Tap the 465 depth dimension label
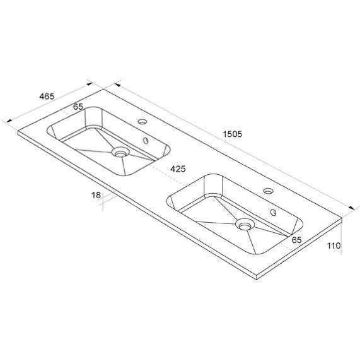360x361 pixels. (x=47, y=97)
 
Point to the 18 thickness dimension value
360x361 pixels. (x=96, y=195)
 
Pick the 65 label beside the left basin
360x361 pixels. (x=78, y=107)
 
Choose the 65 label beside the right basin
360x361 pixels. (x=297, y=240)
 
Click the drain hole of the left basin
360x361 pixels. (x=119, y=152)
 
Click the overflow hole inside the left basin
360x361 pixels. (x=147, y=141)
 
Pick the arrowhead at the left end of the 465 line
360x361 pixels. (x=8, y=119)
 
